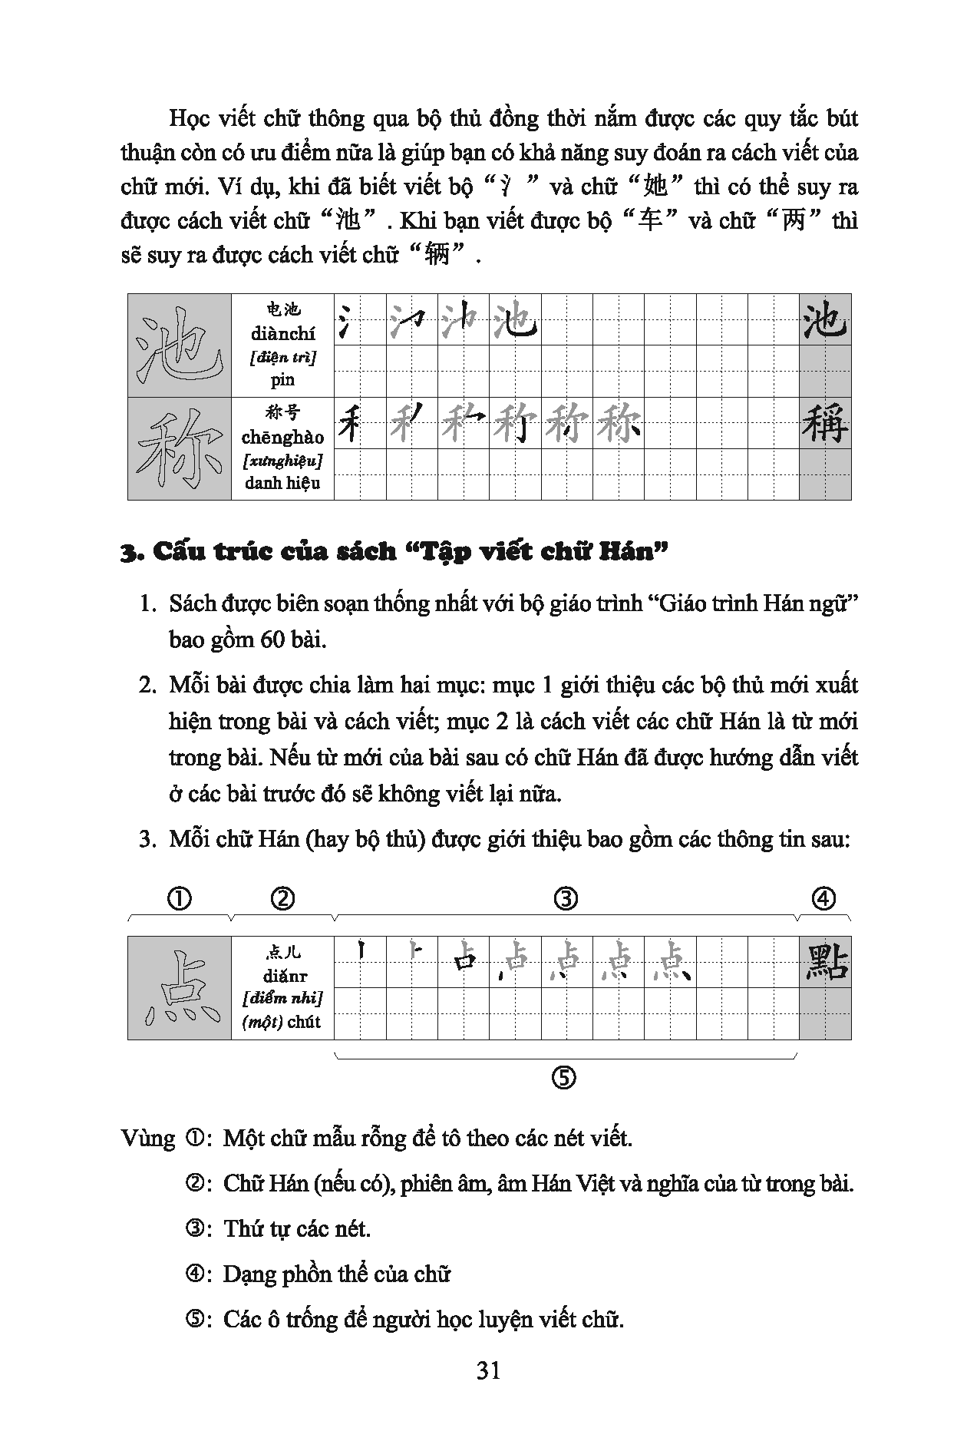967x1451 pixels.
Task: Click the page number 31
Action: click(488, 1370)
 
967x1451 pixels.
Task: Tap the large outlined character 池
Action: click(179, 345)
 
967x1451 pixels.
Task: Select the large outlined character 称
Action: click(179, 449)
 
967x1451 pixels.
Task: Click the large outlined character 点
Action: click(179, 989)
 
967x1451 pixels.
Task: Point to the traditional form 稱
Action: click(825, 424)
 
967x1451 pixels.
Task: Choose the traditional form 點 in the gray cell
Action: click(825, 963)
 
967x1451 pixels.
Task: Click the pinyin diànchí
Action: click(282, 334)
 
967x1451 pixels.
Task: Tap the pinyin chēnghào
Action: click(282, 438)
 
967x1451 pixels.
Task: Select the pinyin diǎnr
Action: click(282, 977)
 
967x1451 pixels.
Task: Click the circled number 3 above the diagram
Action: click(566, 898)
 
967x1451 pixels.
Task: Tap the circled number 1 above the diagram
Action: click(179, 898)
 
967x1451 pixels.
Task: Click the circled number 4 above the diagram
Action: click(824, 898)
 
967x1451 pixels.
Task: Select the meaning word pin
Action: click(282, 379)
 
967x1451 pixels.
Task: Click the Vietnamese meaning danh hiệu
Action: click(282, 483)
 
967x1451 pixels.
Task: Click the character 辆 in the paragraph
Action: click(436, 253)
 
